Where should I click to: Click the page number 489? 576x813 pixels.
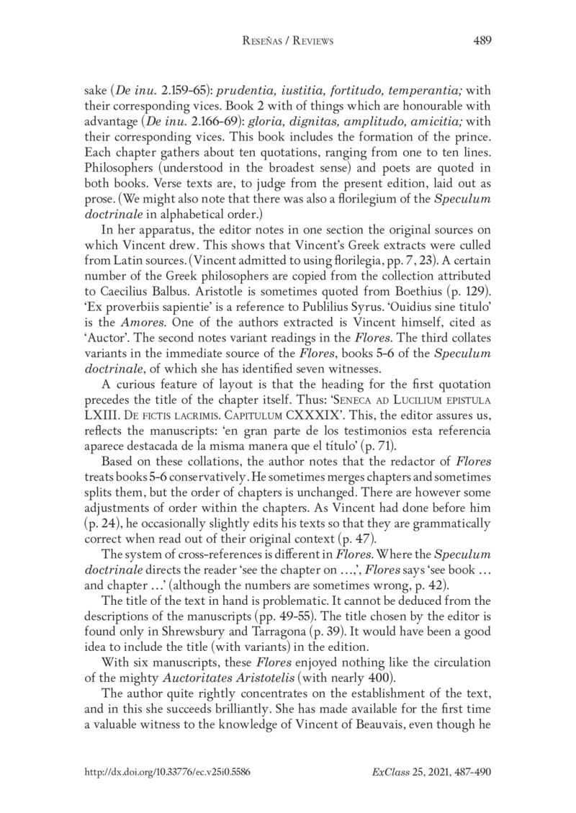[482, 41]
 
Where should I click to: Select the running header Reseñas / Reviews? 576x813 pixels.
[288, 42]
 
